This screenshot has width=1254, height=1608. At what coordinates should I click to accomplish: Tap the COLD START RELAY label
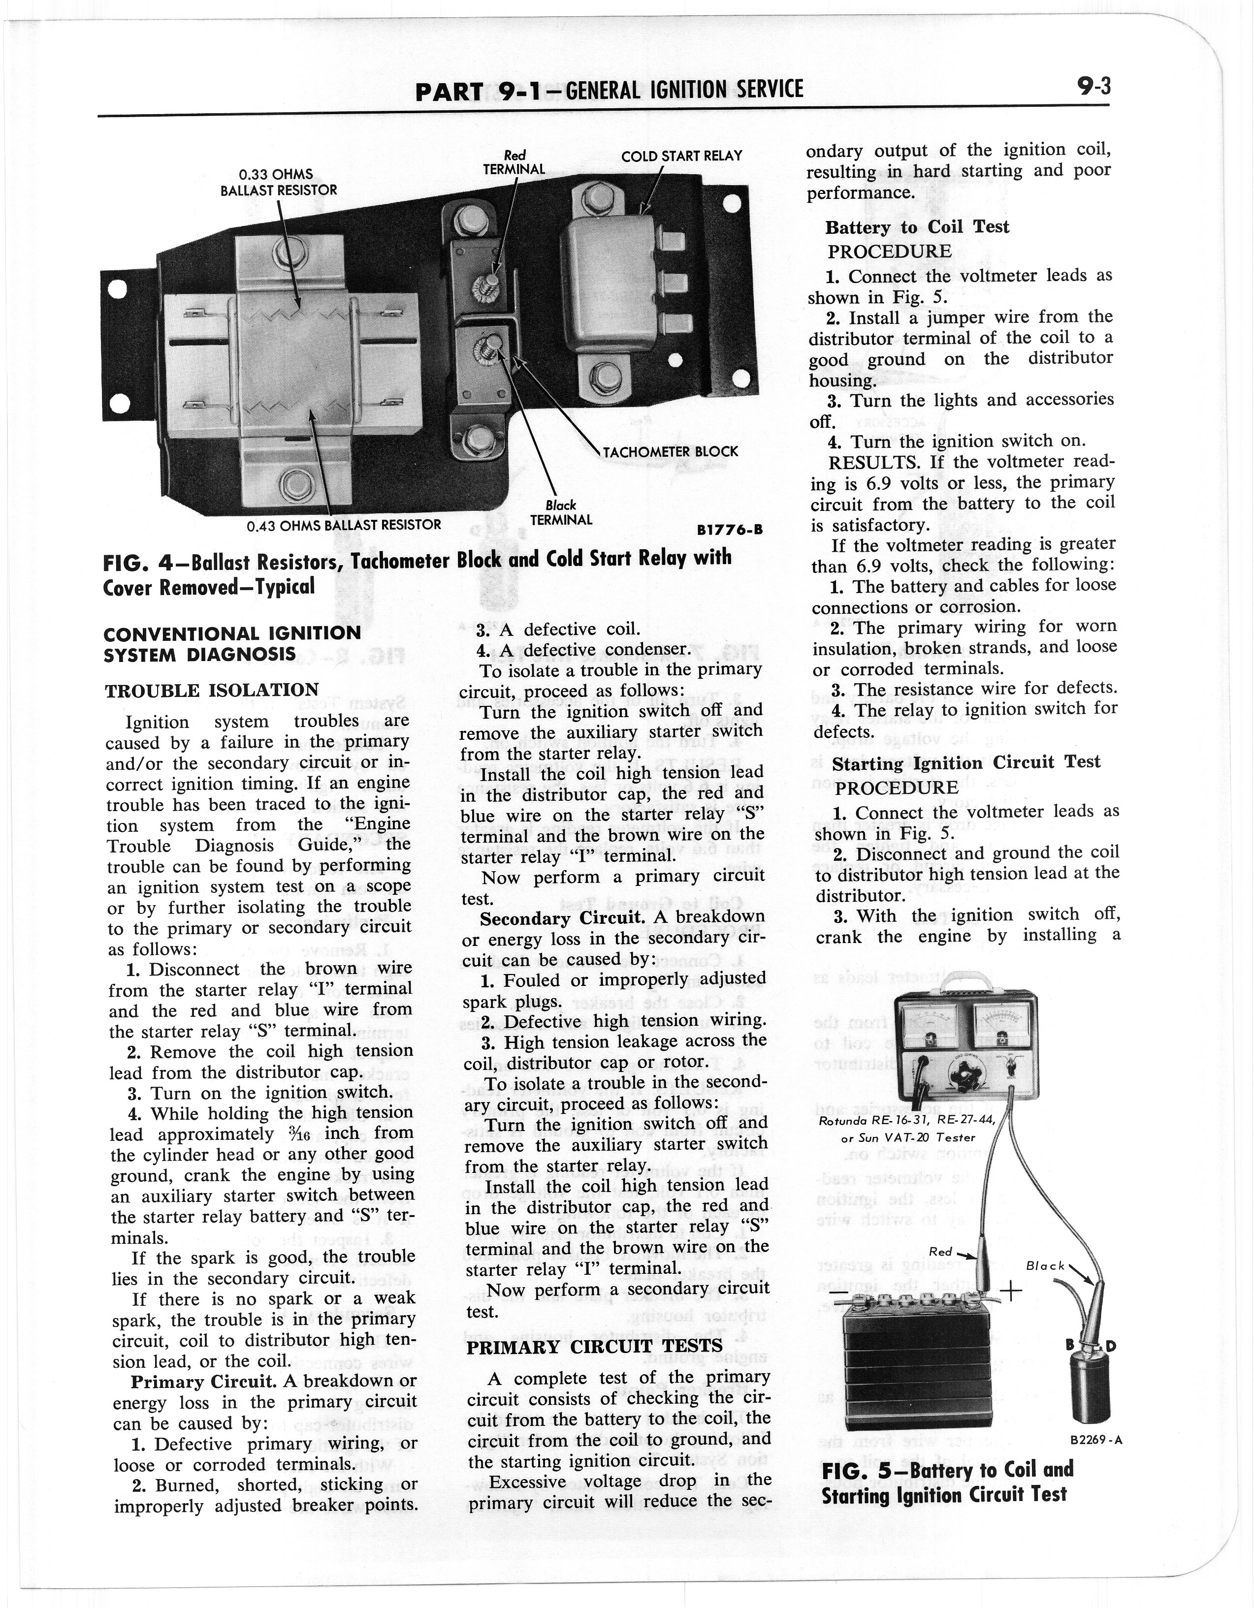pyautogui.click(x=681, y=156)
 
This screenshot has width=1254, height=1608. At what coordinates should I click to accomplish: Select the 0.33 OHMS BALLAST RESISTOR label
pyautogui.click(x=278, y=182)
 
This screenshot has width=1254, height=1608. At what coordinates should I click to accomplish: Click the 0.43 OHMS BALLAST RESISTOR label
pyautogui.click(x=343, y=525)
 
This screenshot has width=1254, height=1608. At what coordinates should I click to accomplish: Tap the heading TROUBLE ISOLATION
pyautogui.click(x=212, y=691)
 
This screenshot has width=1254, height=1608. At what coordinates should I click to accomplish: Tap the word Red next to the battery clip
pyautogui.click(x=940, y=1252)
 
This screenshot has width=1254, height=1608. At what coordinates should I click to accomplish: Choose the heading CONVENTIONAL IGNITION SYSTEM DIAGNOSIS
pyautogui.click(x=232, y=643)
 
